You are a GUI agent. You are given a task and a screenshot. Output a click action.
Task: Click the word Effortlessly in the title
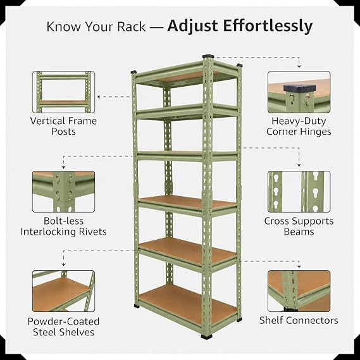pos(268,27)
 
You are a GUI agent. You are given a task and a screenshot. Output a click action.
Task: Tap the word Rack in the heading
pos(132,27)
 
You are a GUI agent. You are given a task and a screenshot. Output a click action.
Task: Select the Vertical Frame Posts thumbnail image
pos(64,92)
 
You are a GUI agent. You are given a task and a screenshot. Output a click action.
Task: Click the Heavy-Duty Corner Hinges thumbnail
pos(299,92)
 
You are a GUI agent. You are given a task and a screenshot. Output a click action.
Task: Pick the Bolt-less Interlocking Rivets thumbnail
pos(64,192)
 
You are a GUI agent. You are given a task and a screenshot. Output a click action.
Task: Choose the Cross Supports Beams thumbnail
pos(299,192)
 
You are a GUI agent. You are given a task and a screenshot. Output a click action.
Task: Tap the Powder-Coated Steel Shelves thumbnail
pos(64,291)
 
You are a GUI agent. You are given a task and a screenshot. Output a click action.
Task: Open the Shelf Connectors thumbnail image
pos(299,291)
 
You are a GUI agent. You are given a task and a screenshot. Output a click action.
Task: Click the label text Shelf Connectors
pos(299,320)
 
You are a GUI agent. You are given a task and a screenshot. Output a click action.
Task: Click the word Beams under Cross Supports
pos(299,232)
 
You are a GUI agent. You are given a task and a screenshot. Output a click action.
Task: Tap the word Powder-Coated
pos(64,321)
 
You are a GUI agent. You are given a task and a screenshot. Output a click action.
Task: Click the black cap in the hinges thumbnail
pos(300,88)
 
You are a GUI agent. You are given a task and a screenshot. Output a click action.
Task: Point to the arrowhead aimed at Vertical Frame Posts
pos(99,97)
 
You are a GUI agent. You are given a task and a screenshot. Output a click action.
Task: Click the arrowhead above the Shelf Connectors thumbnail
pos(299,267)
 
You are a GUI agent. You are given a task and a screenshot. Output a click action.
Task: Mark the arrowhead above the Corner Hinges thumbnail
pos(299,66)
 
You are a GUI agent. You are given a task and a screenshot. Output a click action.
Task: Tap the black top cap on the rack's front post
pos(208,56)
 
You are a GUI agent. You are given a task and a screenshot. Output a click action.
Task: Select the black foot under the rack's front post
pos(207,337)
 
